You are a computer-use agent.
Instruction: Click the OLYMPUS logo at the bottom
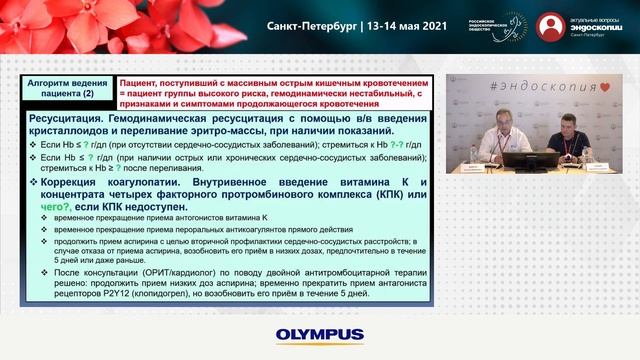319,334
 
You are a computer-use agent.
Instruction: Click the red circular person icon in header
551,26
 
